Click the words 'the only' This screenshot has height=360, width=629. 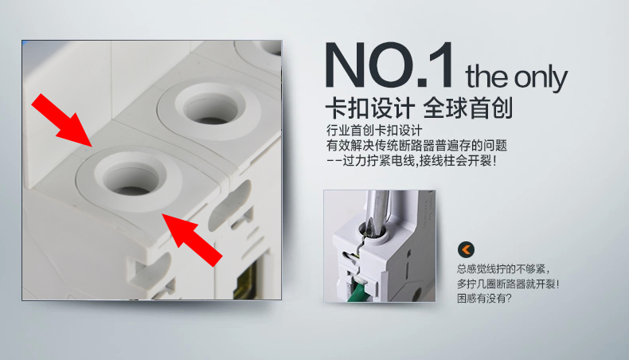[x=516, y=77]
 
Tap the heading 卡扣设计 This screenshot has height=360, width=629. [x=369, y=108]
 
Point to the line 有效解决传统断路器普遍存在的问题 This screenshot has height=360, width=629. [x=416, y=147]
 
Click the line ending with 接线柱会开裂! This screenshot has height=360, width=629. [x=412, y=162]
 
